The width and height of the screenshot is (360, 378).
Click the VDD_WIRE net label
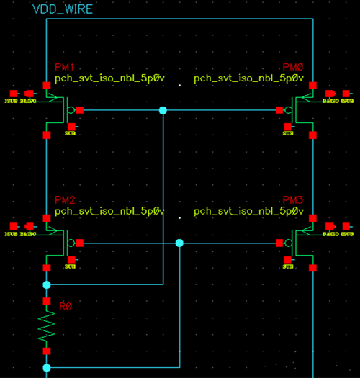[x=63, y=9]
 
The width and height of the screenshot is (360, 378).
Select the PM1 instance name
[x=65, y=66]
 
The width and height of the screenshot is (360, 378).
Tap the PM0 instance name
[x=294, y=66]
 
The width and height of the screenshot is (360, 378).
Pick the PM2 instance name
[x=65, y=199]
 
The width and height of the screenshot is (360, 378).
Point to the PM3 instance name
[x=294, y=199]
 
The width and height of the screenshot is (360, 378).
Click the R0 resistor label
[x=66, y=307]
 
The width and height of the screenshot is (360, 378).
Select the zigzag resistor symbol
[x=47, y=326]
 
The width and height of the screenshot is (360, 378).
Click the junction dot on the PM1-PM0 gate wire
[x=163, y=110]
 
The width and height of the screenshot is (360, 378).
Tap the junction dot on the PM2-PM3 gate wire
[x=179, y=243]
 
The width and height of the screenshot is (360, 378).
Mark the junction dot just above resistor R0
[x=47, y=285]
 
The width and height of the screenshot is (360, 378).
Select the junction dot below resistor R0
[x=47, y=368]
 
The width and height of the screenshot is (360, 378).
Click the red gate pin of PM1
[x=80, y=110]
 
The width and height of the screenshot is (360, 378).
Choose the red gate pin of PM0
[x=279, y=110]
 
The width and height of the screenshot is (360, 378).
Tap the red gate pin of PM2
[x=80, y=243]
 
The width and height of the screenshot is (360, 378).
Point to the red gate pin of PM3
[x=279, y=243]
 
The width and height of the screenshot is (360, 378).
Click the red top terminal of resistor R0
[x=47, y=301]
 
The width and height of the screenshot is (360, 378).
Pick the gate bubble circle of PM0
[x=288, y=110]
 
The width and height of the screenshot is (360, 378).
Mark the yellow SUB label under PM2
[x=70, y=266]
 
